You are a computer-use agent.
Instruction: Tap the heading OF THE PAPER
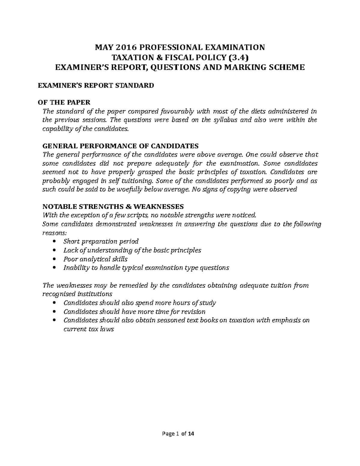pos(64,103)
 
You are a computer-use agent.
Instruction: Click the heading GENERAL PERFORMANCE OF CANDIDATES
pos(121,146)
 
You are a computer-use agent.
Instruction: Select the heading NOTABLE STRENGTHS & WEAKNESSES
pos(113,207)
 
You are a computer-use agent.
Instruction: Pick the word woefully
pos(128,190)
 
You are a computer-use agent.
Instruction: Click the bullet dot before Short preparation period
pos(54,242)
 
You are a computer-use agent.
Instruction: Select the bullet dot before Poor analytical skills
pos(54,259)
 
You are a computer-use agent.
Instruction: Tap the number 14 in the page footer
pos(191,434)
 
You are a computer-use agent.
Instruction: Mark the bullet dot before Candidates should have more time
pos(54,311)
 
